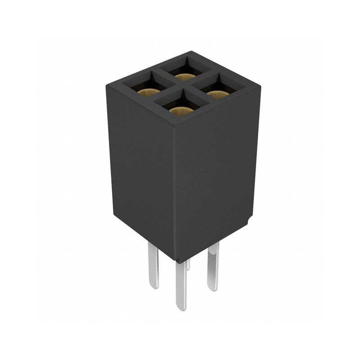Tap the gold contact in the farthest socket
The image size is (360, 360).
(185, 76)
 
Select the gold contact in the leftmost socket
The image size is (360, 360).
(148, 93)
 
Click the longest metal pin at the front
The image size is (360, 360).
(181, 283)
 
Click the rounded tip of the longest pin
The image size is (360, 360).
(181, 308)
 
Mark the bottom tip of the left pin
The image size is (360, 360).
(154, 287)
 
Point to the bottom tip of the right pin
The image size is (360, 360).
(213, 288)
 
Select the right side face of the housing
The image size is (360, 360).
(216, 175)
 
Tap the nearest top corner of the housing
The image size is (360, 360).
(174, 127)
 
